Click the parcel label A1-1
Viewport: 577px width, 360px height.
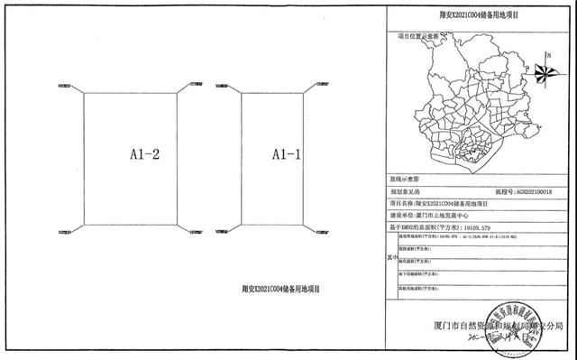click(x=287, y=155)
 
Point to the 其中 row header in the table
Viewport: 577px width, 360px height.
click(x=390, y=256)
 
